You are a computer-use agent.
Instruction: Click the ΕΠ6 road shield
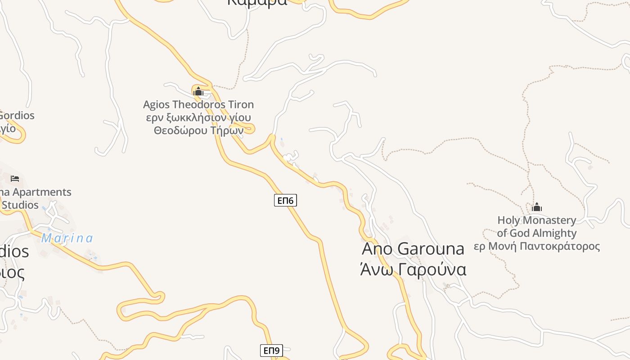point(285,200)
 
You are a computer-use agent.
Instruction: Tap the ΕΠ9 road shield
point(271,351)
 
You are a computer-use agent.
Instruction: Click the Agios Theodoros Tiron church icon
point(198,92)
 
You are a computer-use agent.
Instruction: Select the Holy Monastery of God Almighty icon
point(536,207)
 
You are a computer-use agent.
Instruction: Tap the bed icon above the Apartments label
point(15,179)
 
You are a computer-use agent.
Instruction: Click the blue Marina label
point(67,238)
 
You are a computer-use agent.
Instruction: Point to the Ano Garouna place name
point(413,248)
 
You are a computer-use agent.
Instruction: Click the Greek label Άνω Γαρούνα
point(413,270)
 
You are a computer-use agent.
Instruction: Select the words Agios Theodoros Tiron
point(198,104)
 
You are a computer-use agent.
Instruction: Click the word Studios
point(20,205)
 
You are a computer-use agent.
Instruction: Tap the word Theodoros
point(198,104)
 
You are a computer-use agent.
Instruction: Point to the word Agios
point(156,104)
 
